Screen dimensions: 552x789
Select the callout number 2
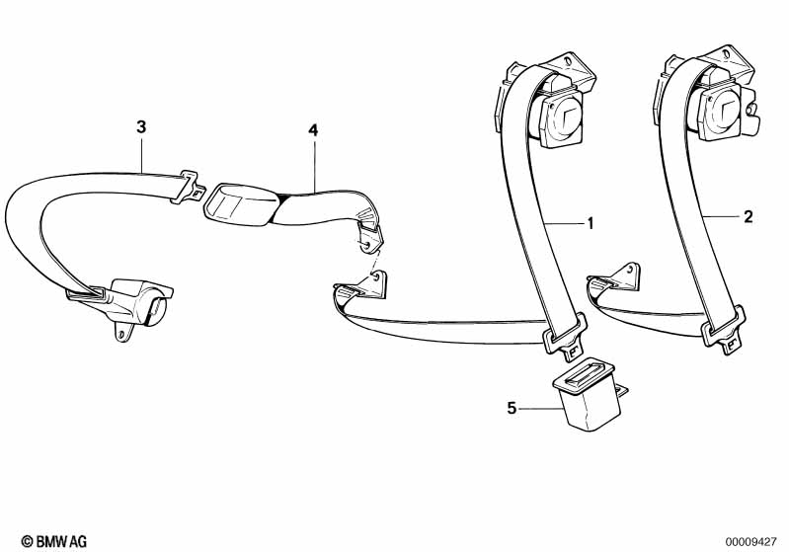[x=748, y=214]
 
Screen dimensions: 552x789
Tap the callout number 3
[x=141, y=126]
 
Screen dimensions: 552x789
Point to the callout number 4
[x=313, y=129]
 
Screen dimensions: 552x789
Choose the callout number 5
[x=512, y=407]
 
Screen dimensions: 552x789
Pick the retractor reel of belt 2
[x=720, y=112]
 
